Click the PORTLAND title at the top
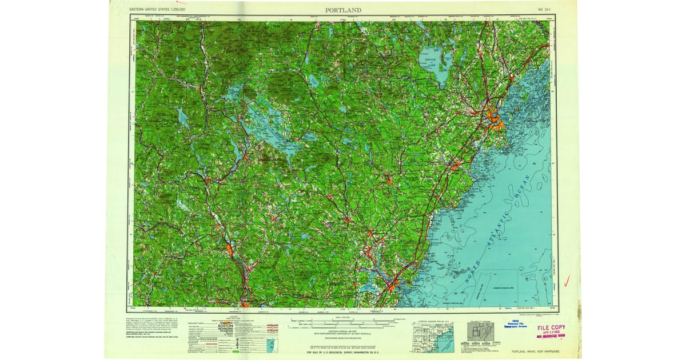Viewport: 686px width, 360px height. [x=343, y=10]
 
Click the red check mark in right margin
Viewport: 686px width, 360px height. [x=567, y=280]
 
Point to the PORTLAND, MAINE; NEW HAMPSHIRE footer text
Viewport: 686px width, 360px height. [x=535, y=351]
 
